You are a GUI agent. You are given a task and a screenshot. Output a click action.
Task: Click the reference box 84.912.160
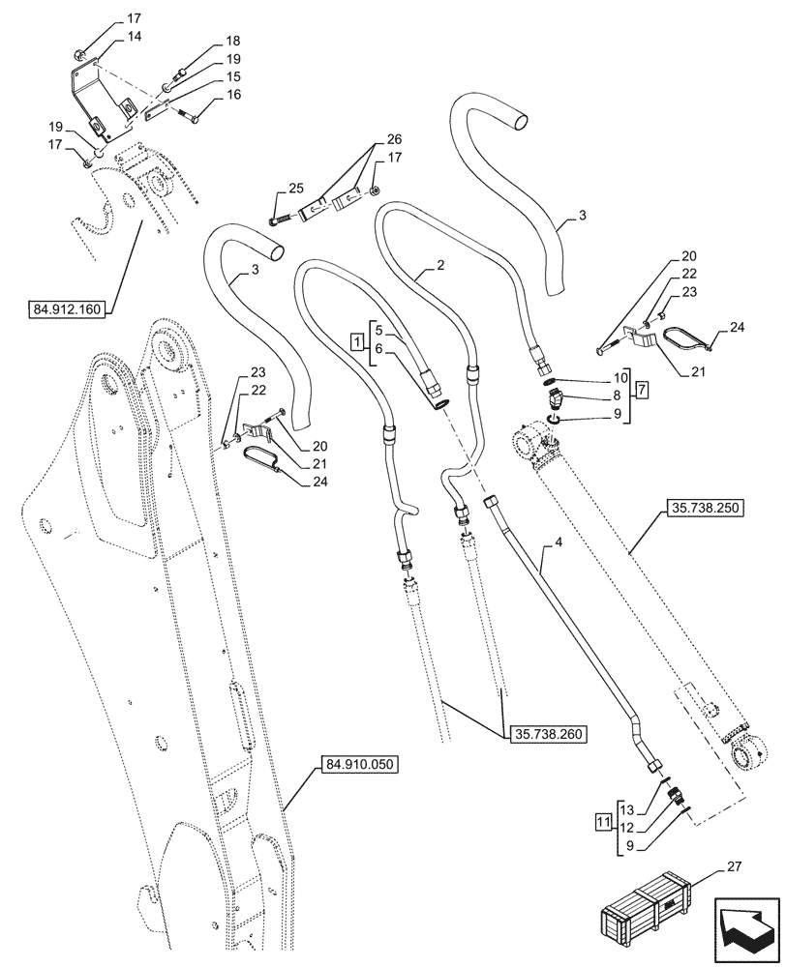(x=69, y=309)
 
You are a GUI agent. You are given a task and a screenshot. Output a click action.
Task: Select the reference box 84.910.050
(x=359, y=764)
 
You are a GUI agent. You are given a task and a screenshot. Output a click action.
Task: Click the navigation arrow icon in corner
(x=746, y=926)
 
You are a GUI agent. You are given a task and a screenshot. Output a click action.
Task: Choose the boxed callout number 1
(x=357, y=342)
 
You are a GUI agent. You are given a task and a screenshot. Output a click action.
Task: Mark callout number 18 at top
(x=205, y=41)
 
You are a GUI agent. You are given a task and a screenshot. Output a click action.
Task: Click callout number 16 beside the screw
(x=205, y=95)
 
